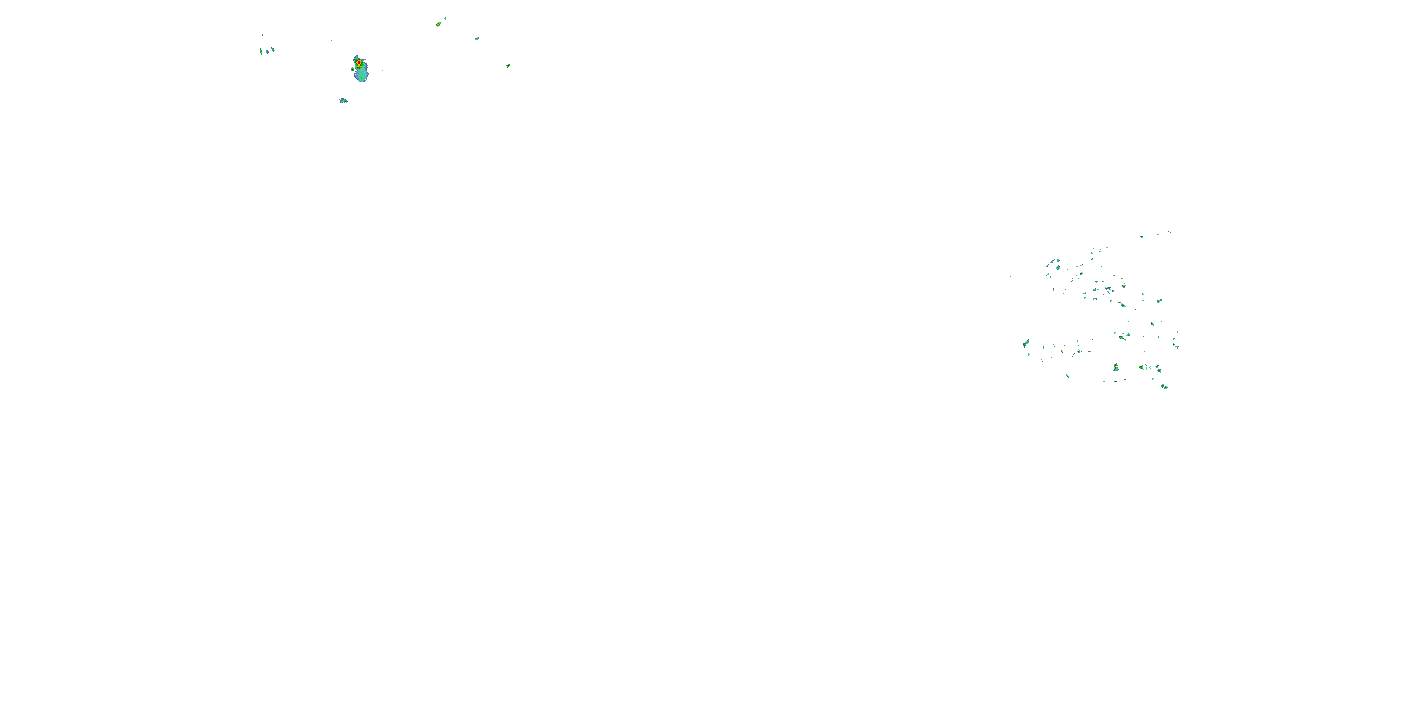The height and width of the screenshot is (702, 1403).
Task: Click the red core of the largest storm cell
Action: pos(359,63)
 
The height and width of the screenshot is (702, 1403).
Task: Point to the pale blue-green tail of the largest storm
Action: pos(362,77)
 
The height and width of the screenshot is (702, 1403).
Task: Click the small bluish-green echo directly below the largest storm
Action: pos(343,101)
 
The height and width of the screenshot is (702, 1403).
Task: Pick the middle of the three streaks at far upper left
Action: pos(267,51)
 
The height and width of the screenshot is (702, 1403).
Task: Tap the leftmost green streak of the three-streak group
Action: pos(261,52)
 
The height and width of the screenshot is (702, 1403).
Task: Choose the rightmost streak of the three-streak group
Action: pos(273,50)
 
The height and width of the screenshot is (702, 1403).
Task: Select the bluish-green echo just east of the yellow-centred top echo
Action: pos(477,38)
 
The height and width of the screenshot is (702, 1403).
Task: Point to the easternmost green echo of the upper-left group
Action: pos(508,66)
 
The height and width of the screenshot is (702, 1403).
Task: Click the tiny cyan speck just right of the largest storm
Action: pos(383,70)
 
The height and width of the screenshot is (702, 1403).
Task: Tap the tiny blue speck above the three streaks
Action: pos(262,34)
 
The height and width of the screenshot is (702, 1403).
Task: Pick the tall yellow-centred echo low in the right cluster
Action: pos(1115,367)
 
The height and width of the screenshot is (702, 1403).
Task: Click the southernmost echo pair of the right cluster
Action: pos(1164,387)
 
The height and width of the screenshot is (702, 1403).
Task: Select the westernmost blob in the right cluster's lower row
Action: pos(1026,343)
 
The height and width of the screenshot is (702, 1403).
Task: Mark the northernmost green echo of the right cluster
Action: pos(1142,236)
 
